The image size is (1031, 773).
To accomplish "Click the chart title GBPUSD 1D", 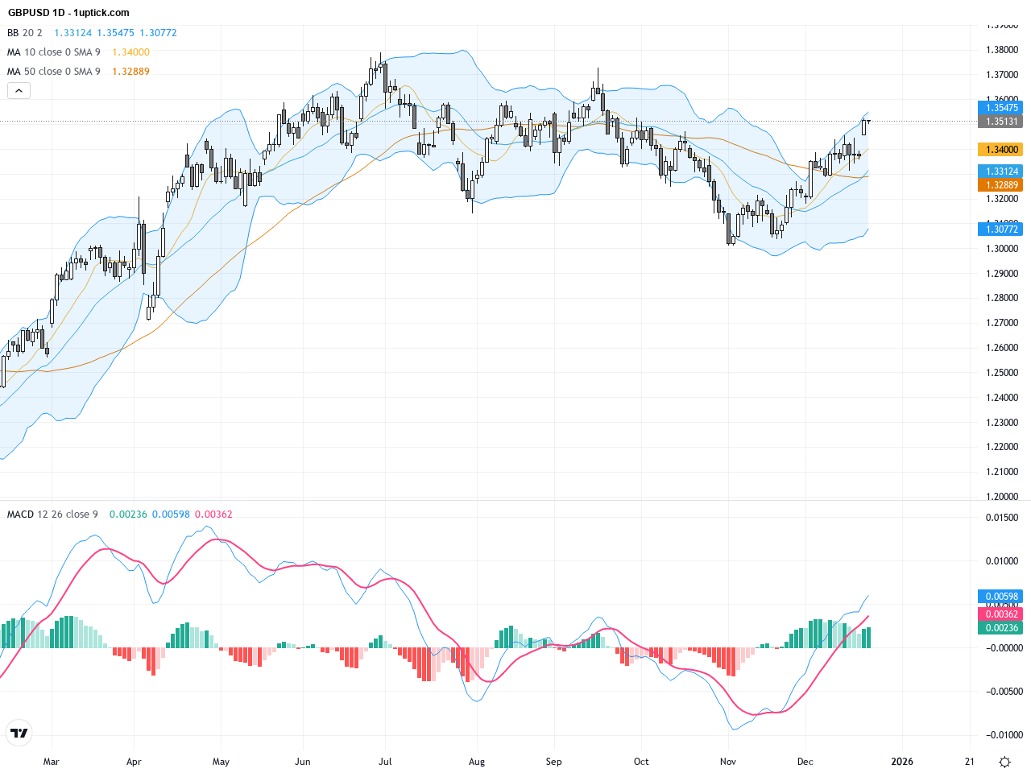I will pyautogui.click(x=36, y=13).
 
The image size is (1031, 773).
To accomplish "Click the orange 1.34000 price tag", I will pyautogui.click(x=1000, y=150).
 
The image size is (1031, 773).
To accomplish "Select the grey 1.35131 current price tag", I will pyautogui.click(x=1000, y=122).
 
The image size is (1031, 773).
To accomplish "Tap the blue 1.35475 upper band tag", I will pyautogui.click(x=1000, y=108).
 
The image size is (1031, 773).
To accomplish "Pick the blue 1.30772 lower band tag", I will pyautogui.click(x=1000, y=229).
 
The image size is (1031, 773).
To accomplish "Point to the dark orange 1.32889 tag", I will pyautogui.click(x=1000, y=185).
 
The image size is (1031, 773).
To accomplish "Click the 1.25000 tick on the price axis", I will pyautogui.click(x=1002, y=373).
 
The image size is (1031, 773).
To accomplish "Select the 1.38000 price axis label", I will pyautogui.click(x=1002, y=50).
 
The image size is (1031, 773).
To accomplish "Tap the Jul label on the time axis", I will pyautogui.click(x=385, y=762).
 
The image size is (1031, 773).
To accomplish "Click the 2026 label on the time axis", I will pyautogui.click(x=902, y=762).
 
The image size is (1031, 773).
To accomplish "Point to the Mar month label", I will pyautogui.click(x=51, y=762).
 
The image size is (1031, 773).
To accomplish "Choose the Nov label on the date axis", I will pyautogui.click(x=728, y=762).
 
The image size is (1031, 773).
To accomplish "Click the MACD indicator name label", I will pyautogui.click(x=21, y=515).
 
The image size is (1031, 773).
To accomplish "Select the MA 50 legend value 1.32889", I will pyautogui.click(x=130, y=72).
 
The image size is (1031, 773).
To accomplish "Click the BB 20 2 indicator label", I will pyautogui.click(x=25, y=33).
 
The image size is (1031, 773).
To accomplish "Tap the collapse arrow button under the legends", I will pyautogui.click(x=19, y=91).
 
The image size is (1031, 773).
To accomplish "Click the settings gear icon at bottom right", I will pyautogui.click(x=1004, y=762).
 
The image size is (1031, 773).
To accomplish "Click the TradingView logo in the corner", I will pyautogui.click(x=19, y=733).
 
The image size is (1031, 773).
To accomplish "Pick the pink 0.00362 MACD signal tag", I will pyautogui.click(x=1000, y=614).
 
